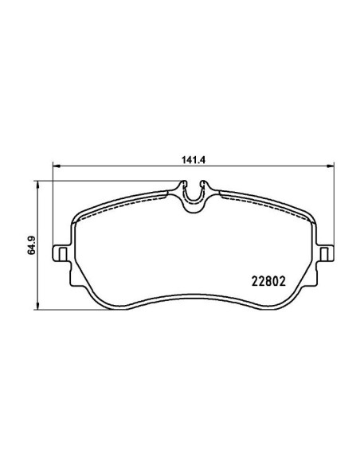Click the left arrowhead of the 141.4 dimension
56,166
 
